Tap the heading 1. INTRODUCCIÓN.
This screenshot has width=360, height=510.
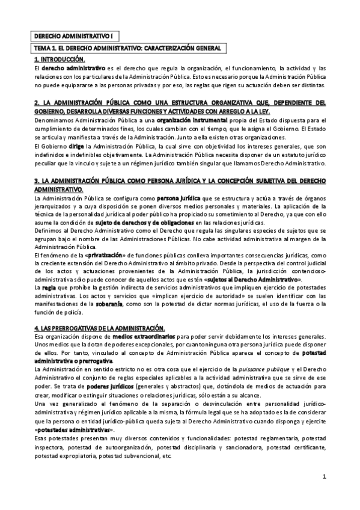coord(59,60)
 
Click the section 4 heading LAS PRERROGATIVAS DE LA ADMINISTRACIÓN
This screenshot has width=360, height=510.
coord(99,327)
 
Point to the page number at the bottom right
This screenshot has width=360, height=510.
coord(323,477)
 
